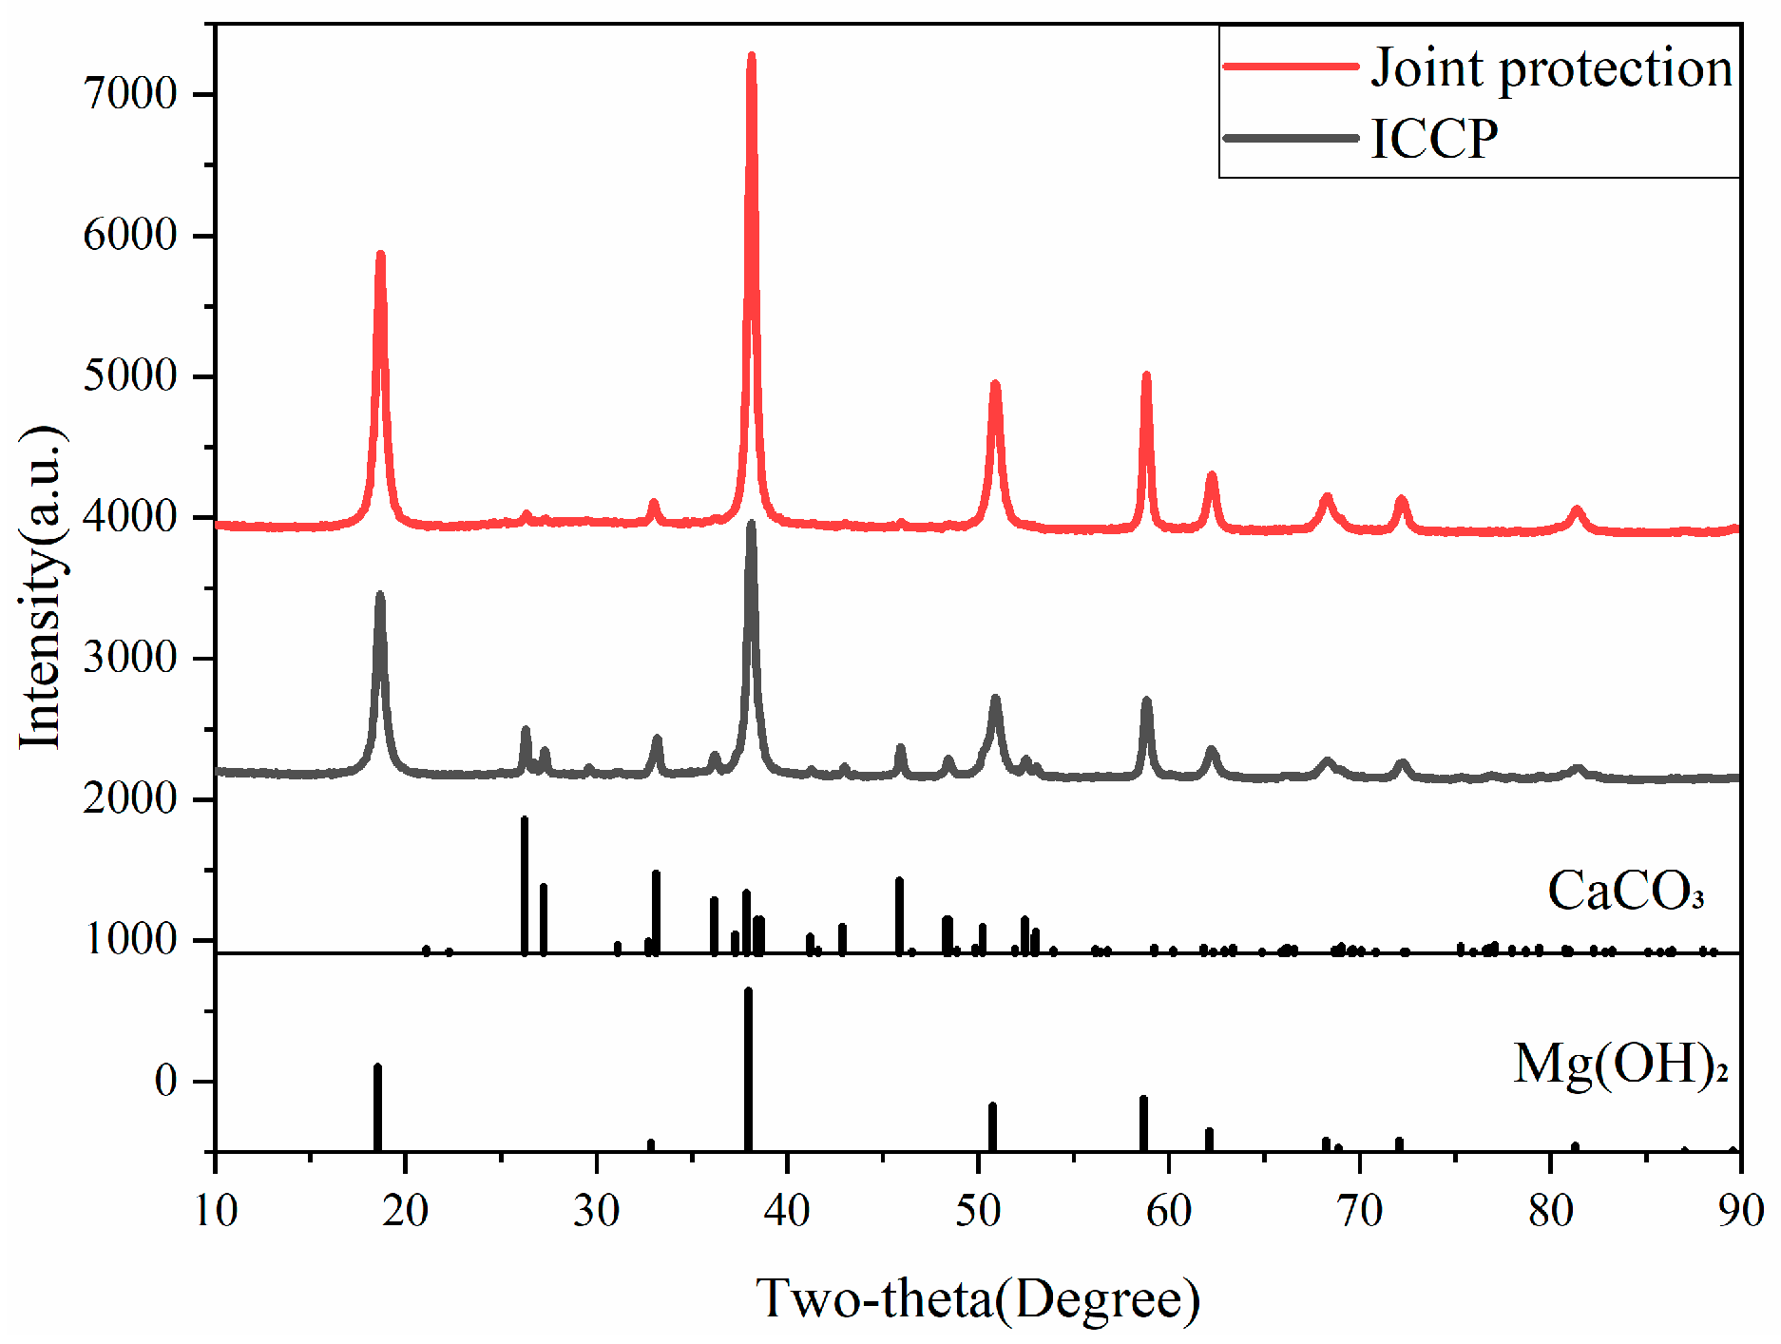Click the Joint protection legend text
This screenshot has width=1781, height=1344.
click(1551, 68)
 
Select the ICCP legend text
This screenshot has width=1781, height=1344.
click(1434, 139)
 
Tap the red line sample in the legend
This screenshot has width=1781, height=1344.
click(1291, 67)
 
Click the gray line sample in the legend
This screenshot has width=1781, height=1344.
click(1291, 138)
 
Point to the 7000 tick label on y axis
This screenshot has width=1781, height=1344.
click(130, 94)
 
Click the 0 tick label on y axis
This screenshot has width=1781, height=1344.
click(166, 1081)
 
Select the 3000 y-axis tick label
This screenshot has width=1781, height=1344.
click(130, 658)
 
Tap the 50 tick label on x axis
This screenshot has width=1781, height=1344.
click(978, 1211)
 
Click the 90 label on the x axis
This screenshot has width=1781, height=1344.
click(1740, 1211)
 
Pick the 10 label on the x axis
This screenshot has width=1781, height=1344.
click(216, 1211)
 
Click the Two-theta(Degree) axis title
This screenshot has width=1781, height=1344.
click(978, 1298)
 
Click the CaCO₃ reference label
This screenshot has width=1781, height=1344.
click(1625, 892)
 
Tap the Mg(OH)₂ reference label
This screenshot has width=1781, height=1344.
click(1619, 1064)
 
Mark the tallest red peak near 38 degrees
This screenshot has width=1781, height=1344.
click(752, 57)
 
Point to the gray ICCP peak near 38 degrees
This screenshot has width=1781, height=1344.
click(752, 525)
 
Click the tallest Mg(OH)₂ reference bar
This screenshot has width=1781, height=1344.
click(748, 1065)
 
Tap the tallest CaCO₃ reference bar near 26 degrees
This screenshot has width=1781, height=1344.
click(525, 884)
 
